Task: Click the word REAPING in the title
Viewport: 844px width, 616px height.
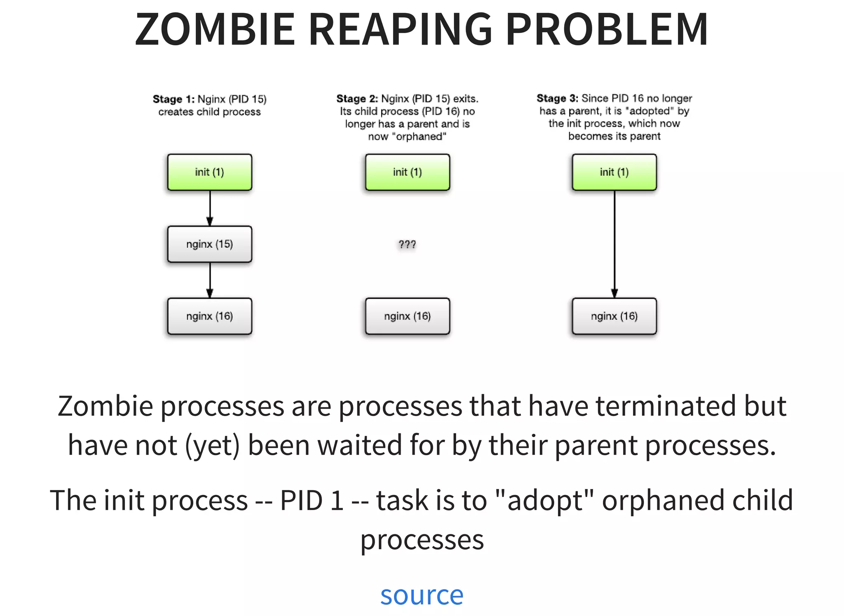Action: [x=400, y=29]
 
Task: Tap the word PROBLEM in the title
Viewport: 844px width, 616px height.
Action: [x=606, y=29]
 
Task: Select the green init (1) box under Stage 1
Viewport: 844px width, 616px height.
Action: [x=209, y=172]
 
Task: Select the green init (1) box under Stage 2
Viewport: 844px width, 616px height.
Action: [x=407, y=172]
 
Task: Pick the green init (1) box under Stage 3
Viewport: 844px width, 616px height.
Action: [x=614, y=172]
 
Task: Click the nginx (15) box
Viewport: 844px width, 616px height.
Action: [x=209, y=244]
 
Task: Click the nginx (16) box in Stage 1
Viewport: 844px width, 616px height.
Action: [x=209, y=316]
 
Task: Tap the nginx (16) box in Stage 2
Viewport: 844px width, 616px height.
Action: [x=407, y=316]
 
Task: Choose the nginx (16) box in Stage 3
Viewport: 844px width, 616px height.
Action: [x=614, y=316]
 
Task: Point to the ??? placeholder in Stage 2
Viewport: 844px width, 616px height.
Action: [x=407, y=245]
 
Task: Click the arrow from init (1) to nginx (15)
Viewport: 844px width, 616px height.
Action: [x=210, y=208]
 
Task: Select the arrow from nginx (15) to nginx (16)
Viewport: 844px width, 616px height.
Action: [x=210, y=280]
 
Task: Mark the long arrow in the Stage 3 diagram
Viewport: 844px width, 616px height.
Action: [x=614, y=243]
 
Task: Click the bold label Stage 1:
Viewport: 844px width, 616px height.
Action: [x=173, y=99]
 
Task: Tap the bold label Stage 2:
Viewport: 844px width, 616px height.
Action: [x=357, y=99]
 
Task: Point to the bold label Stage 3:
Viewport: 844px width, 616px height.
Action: [x=557, y=98]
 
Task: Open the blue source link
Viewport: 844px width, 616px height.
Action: [x=422, y=595]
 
